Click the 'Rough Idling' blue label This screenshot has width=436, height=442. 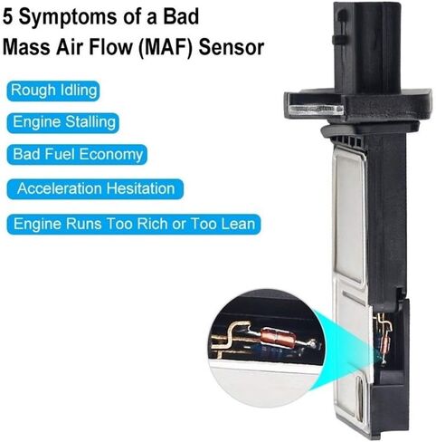(x=53, y=91)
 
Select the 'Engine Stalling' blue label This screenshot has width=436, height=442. (x=63, y=122)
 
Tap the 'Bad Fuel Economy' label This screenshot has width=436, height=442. (x=77, y=155)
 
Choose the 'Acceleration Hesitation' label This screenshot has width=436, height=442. (x=95, y=189)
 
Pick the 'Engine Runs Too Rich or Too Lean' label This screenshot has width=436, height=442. (x=134, y=225)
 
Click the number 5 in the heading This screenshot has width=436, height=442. (x=8, y=16)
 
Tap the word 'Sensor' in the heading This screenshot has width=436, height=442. (x=232, y=47)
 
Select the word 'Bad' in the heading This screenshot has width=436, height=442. (x=181, y=16)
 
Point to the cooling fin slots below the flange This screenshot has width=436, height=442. (x=346, y=140)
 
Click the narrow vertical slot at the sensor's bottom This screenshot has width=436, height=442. (x=360, y=399)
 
